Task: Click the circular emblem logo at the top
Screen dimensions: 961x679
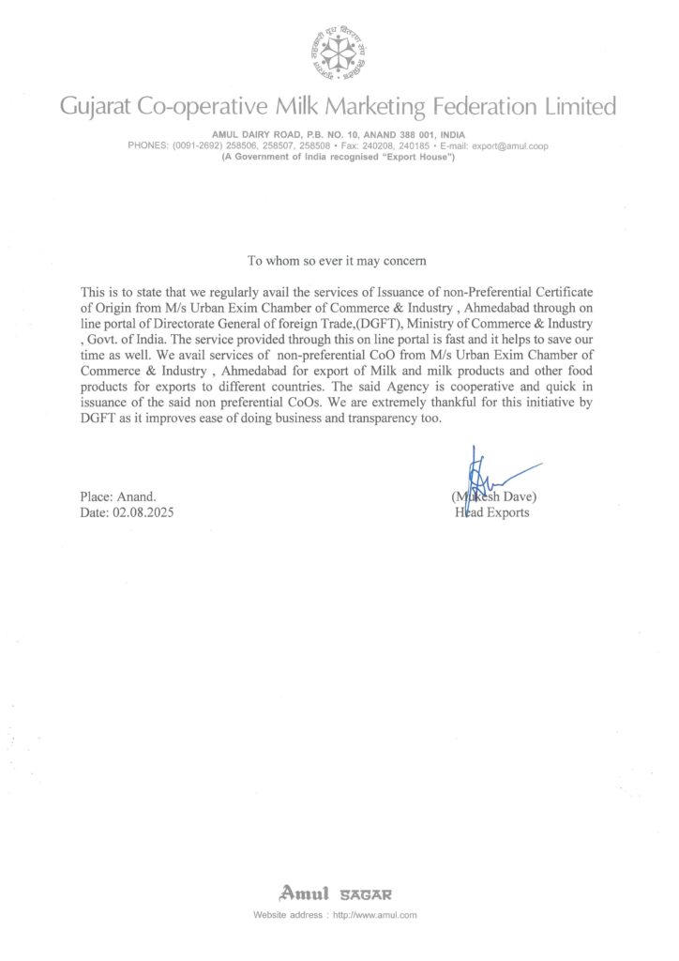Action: pyautogui.click(x=339, y=52)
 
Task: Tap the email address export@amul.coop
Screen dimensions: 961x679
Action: pyautogui.click(x=509, y=146)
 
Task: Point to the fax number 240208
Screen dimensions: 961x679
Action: pyautogui.click(x=381, y=146)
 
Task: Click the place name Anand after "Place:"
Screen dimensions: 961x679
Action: pyautogui.click(x=136, y=496)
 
